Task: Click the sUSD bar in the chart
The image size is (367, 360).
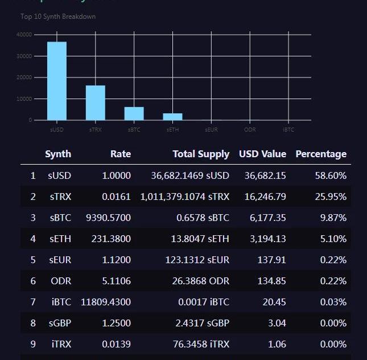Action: tap(57, 81)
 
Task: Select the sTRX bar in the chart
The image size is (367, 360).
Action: tap(96, 103)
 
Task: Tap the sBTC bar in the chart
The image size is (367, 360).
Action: tap(134, 113)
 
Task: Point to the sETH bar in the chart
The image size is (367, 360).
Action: tap(173, 117)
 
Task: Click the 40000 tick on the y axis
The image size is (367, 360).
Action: tap(24, 35)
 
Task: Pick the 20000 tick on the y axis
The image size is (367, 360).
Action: tap(24, 77)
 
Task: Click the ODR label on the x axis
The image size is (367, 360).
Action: tap(250, 130)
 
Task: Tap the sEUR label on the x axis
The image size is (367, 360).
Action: tap(212, 130)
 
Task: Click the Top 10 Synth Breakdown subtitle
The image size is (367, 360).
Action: tap(58, 17)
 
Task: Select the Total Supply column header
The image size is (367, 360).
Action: tap(201, 154)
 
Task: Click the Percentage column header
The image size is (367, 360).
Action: tap(321, 154)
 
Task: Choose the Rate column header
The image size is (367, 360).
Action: tap(120, 154)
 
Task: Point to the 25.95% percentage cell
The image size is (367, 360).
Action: tap(331, 197)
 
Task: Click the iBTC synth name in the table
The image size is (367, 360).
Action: tap(61, 302)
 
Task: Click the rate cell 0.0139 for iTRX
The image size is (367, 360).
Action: tap(116, 344)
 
